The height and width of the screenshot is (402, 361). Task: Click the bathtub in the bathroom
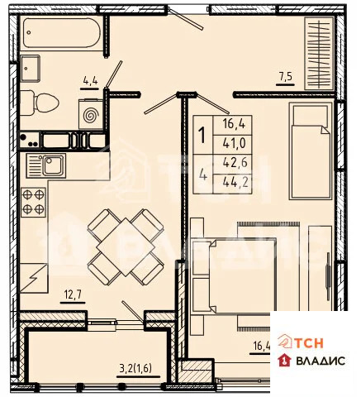59,34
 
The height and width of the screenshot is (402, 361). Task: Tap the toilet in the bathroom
40,103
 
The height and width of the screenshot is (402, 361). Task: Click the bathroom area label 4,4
90,80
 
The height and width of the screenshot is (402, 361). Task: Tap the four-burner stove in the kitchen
34,202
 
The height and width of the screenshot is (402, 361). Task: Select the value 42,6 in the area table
235,164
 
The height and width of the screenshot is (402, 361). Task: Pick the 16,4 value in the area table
235,124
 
